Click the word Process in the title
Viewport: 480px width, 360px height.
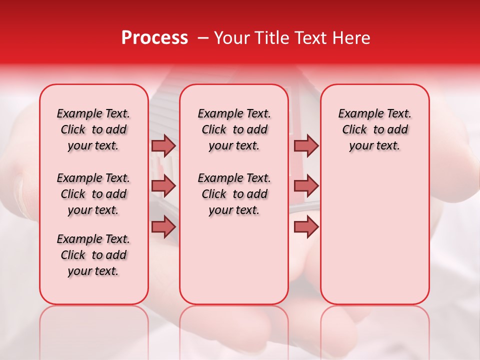(154, 38)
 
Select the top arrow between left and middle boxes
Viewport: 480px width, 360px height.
(163, 145)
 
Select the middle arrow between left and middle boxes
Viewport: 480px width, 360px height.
(163, 186)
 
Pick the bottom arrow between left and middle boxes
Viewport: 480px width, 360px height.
(163, 226)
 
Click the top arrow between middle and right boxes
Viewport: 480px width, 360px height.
(306, 145)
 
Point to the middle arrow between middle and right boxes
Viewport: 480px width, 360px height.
(306, 186)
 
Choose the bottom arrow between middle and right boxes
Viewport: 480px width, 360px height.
(306, 226)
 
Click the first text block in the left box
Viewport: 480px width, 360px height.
(93, 129)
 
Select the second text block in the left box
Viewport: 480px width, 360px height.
(93, 194)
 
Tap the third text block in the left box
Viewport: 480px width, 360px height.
(93, 255)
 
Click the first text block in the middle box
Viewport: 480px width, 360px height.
(234, 129)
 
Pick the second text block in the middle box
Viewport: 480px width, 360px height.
(234, 194)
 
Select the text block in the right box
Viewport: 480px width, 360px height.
(374, 129)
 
